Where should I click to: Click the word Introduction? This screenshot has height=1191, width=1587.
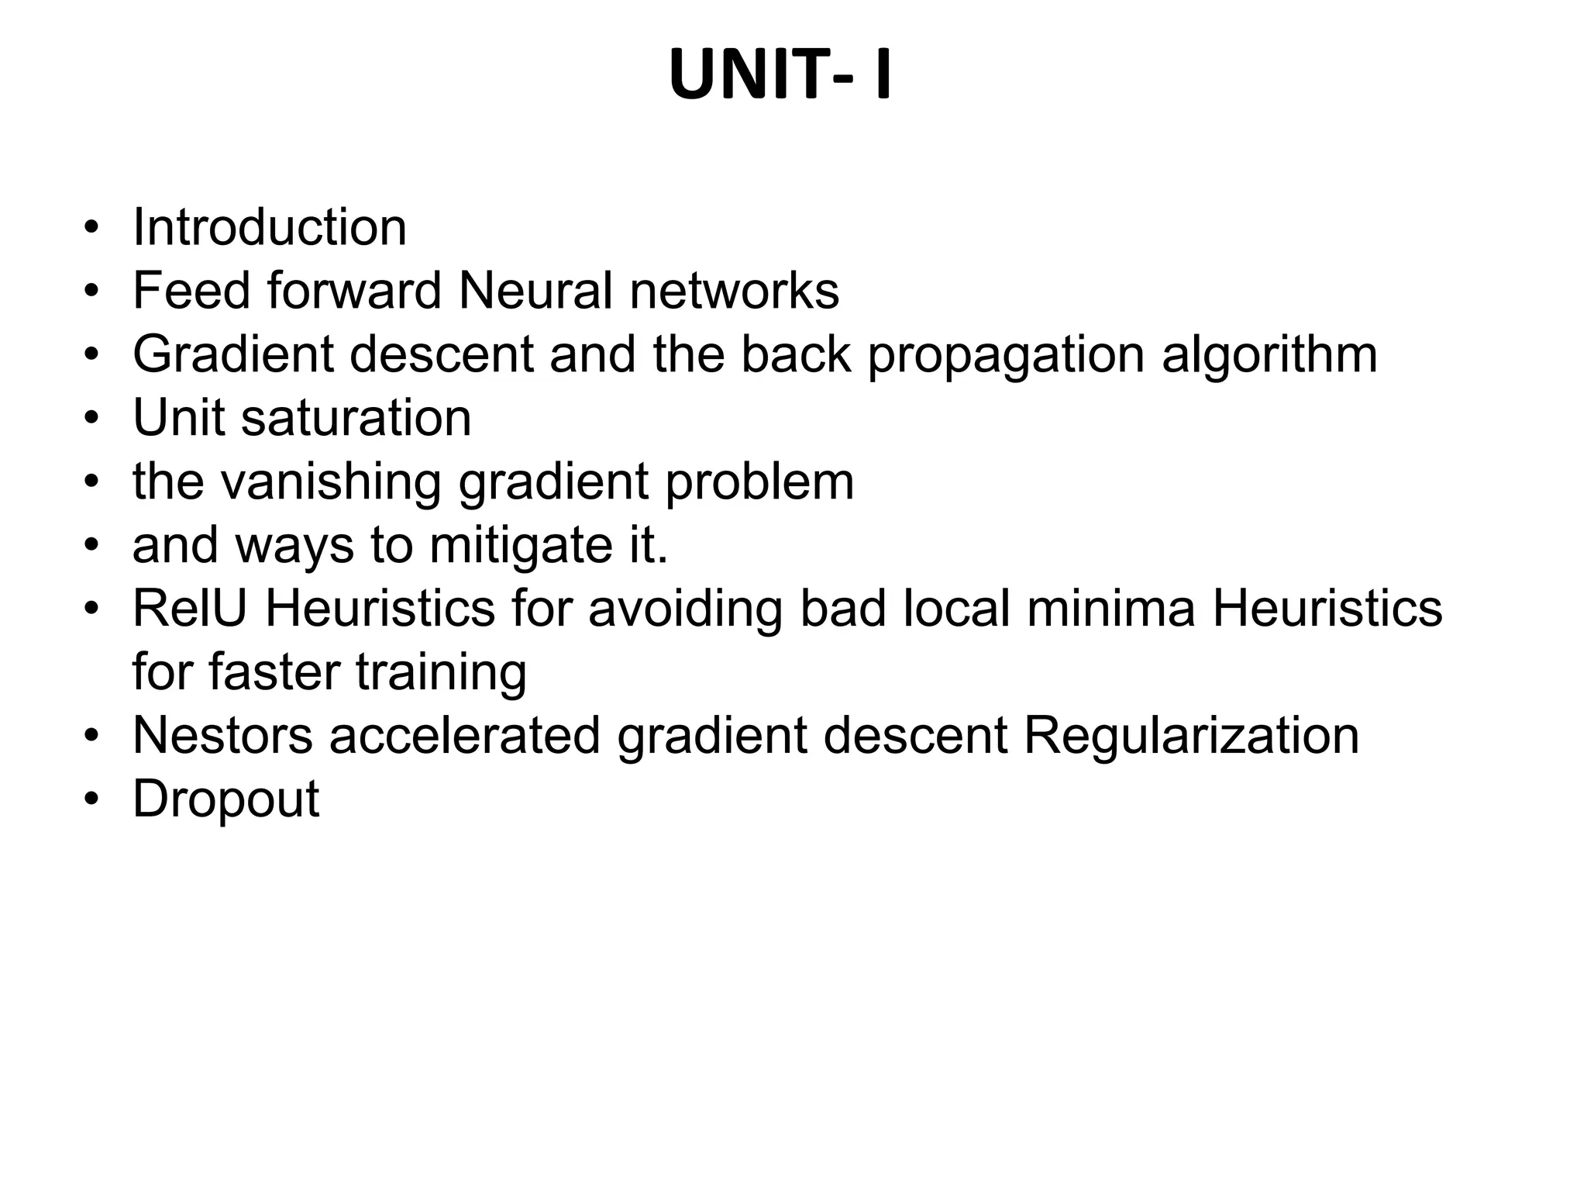point(270,227)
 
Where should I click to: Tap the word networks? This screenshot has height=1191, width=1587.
point(734,291)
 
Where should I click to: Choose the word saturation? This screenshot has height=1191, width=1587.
point(356,418)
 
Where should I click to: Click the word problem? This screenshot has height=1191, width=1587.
point(759,482)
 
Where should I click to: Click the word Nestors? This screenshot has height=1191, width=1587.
point(223,736)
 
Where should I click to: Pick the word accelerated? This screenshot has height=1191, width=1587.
point(465,736)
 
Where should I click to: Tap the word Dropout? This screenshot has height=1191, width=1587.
point(226,800)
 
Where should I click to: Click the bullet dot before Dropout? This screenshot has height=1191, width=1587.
point(92,799)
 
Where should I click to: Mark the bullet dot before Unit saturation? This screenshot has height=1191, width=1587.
point(92,418)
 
